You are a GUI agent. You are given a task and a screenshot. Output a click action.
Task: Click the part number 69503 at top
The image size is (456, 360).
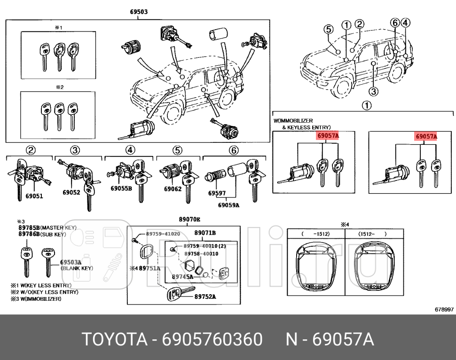[139, 13]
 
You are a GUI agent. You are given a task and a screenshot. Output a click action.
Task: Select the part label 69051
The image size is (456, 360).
[34, 196]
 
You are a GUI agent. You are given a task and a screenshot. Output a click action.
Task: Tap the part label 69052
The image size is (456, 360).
[71, 192]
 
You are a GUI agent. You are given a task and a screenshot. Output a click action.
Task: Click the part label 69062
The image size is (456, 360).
[173, 189]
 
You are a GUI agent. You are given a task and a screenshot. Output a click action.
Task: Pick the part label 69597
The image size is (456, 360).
[217, 193]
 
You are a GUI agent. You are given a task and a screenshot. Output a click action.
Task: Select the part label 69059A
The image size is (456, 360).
[228, 205]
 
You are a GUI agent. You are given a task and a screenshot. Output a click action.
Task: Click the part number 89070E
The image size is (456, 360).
[189, 219]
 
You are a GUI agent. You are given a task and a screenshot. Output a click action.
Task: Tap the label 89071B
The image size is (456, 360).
[205, 232]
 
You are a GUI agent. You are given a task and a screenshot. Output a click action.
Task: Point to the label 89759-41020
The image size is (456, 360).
[163, 234]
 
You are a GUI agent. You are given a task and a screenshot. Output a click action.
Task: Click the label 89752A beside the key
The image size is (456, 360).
[205, 297]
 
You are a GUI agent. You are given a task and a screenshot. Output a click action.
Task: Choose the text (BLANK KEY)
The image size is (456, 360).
[77, 268]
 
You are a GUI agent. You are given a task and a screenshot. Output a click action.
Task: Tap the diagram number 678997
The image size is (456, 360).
[444, 309]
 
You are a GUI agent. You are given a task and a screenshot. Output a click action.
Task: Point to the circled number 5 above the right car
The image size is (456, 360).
[329, 29]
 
